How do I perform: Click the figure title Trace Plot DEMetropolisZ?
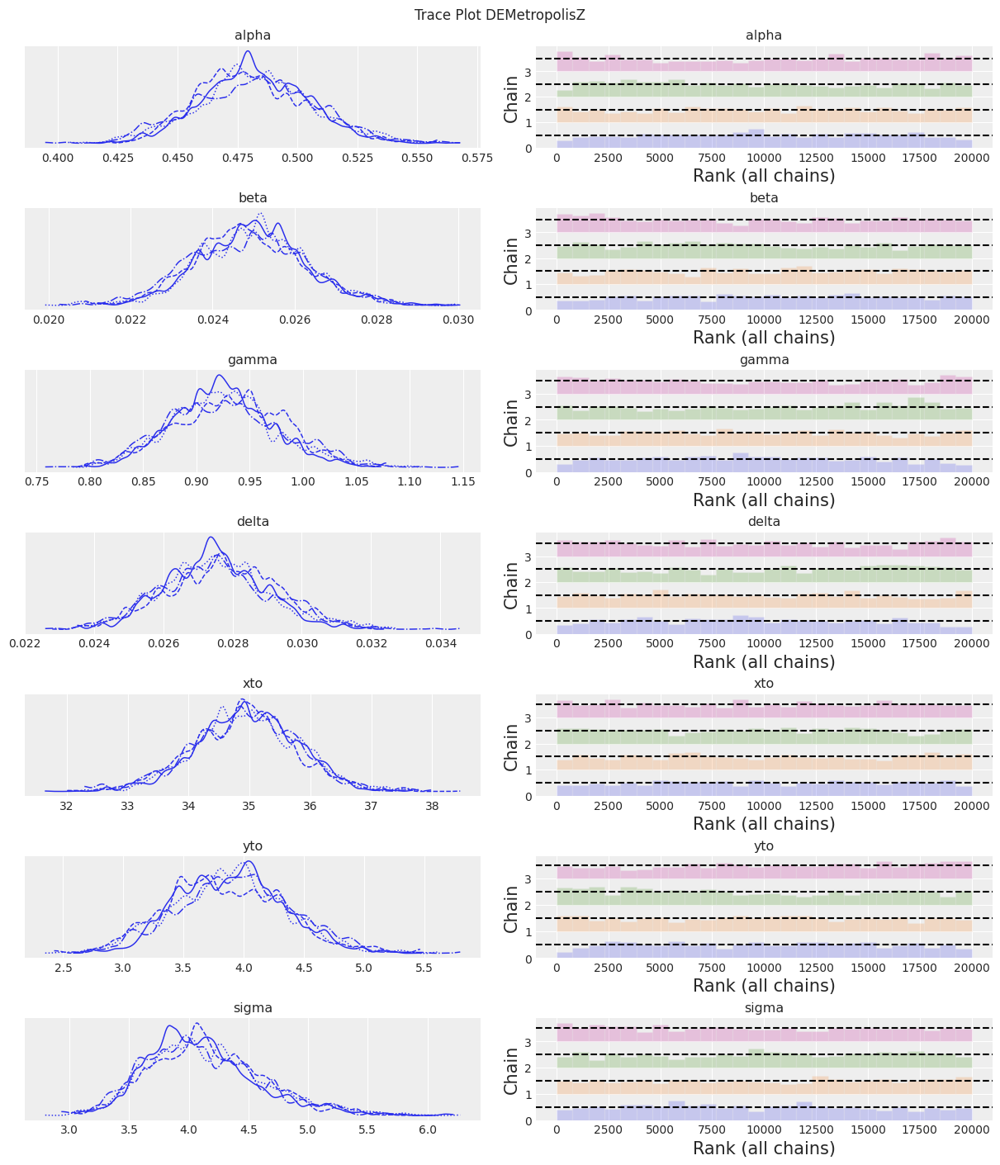pos(500,15)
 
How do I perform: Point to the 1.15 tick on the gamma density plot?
pos(463,481)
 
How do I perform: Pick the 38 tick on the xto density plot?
pos(432,805)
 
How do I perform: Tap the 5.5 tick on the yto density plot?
pos(424,967)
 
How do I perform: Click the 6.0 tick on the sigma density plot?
pos(427,1129)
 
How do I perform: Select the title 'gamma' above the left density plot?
pos(252,360)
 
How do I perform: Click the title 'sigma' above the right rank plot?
pos(764,1008)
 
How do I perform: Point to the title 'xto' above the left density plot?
pos(252,684)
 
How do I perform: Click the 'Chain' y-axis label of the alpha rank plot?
pos(512,100)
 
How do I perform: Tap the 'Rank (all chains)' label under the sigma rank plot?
pos(764,1148)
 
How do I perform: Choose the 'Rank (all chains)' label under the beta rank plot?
pos(764,337)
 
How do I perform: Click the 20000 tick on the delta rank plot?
pos(972,644)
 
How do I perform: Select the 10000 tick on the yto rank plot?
pos(765,968)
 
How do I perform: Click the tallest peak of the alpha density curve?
pos(247,52)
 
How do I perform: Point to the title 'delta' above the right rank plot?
pos(764,522)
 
